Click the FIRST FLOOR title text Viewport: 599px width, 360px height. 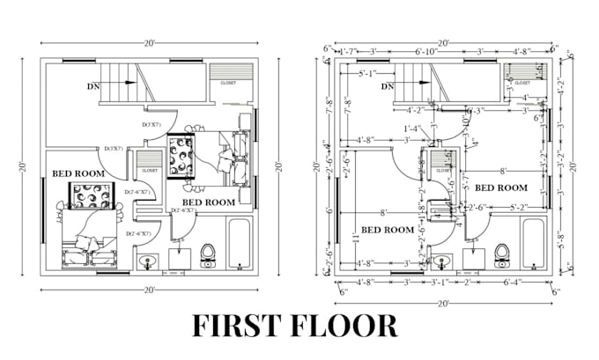click(295, 326)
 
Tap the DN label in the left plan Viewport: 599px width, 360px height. click(92, 86)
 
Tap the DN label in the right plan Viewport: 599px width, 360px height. click(386, 86)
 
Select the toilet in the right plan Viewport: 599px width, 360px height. click(502, 255)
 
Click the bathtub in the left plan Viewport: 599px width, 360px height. click(240, 244)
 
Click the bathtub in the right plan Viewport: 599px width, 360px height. click(534, 244)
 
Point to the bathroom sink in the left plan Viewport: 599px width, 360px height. click(149, 261)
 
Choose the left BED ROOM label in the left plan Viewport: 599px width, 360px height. click(78, 174)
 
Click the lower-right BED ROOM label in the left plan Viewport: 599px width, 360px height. click(208, 202)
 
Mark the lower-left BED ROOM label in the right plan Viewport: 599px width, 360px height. click(388, 230)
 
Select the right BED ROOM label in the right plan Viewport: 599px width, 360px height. click(500, 187)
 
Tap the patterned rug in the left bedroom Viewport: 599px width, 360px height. click(92, 199)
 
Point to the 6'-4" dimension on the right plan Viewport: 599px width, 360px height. click(514, 283)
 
